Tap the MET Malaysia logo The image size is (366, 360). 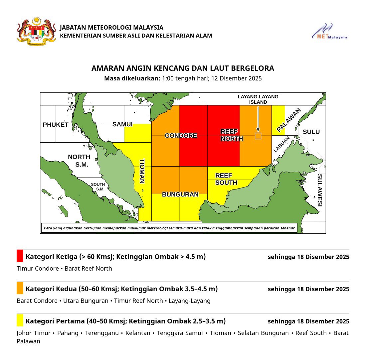click(x=329, y=32)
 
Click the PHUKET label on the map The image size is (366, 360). click(x=56, y=125)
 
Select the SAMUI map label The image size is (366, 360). click(x=122, y=125)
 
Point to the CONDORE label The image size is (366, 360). click(x=181, y=136)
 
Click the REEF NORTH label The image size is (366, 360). click(x=232, y=135)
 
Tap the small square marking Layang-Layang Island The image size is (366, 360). click(x=258, y=136)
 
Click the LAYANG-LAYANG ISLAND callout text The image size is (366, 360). click(x=258, y=99)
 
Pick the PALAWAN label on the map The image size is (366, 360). click(x=289, y=120)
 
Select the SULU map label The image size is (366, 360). click(x=311, y=132)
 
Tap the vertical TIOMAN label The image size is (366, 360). click(x=142, y=171)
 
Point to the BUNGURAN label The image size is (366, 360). click(x=180, y=195)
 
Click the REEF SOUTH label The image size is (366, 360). click(x=226, y=179)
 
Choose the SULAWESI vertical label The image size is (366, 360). click(x=320, y=190)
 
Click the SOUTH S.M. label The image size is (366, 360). click(x=98, y=187)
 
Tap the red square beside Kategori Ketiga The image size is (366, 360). click(x=20, y=256)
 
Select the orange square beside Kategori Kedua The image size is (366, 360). click(x=20, y=288)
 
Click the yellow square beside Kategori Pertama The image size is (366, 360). click(x=20, y=320)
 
